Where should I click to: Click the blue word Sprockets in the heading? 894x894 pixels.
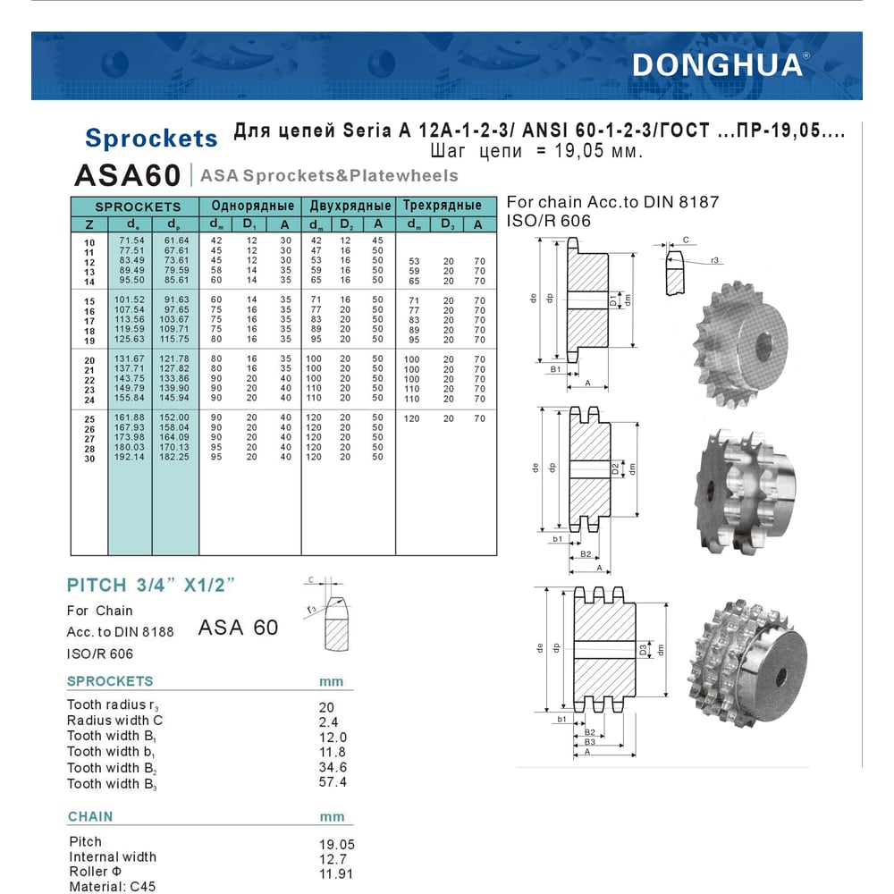(x=151, y=139)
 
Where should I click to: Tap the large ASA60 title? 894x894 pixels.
(x=128, y=174)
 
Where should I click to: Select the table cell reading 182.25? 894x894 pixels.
(x=175, y=457)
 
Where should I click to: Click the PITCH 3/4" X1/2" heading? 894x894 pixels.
(x=150, y=586)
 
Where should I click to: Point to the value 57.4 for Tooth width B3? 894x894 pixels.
(x=333, y=782)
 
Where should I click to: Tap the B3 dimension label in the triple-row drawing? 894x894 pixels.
(x=589, y=742)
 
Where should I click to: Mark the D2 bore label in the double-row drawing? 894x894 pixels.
(x=615, y=468)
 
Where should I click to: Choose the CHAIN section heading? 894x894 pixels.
(x=90, y=816)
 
